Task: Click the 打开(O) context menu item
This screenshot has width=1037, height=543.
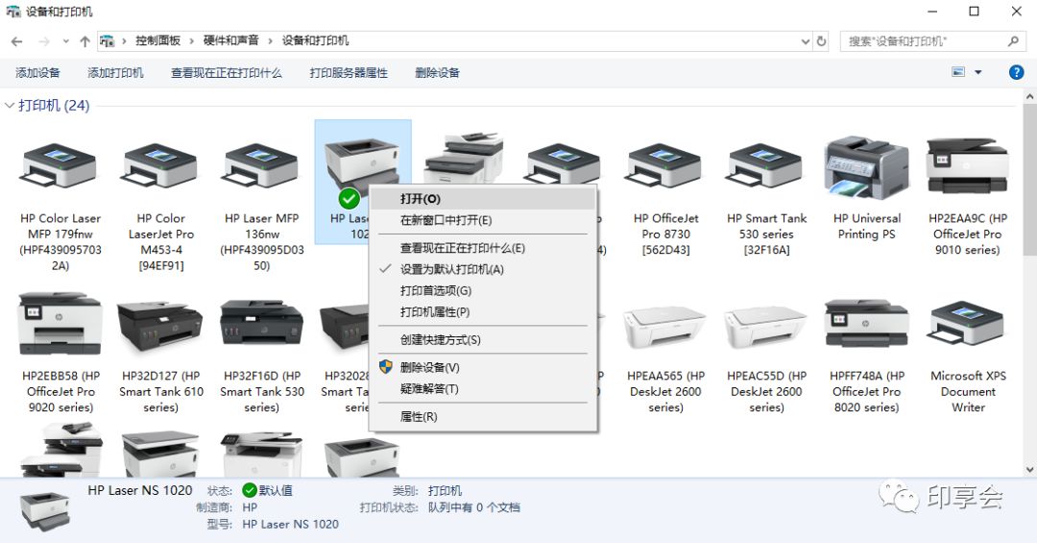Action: point(421,199)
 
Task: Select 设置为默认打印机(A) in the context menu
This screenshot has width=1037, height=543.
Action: point(451,269)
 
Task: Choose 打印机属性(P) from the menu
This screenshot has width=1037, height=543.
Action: point(435,312)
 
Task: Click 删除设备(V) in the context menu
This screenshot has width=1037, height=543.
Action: point(430,367)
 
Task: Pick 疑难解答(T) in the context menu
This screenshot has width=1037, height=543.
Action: point(429,389)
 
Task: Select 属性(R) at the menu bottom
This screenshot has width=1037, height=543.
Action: point(419,417)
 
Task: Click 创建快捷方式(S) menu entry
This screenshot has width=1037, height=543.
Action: point(440,339)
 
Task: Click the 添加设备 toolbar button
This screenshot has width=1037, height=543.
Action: point(38,73)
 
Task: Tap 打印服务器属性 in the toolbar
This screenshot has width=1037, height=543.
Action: point(349,73)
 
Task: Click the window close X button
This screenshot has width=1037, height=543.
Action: point(1017,12)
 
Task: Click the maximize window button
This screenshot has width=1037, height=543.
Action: point(974,12)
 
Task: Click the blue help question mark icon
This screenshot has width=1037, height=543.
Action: point(1016,73)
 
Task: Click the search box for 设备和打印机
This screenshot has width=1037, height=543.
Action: point(922,41)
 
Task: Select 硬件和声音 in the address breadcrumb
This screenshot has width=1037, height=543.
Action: point(230,41)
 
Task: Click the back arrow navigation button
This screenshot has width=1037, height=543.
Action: point(16,41)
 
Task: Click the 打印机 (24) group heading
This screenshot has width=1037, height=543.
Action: point(54,106)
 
